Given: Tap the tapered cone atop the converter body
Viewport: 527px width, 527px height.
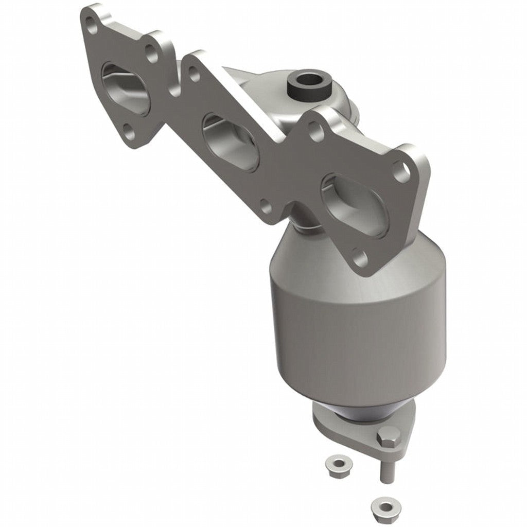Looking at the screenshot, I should [x=309, y=257].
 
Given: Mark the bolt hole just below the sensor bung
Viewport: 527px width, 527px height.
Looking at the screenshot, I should [x=316, y=131].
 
